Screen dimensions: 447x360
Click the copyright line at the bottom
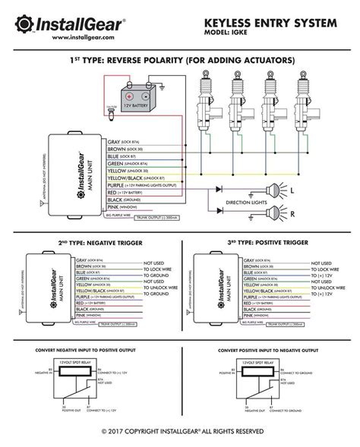coord(179,433)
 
